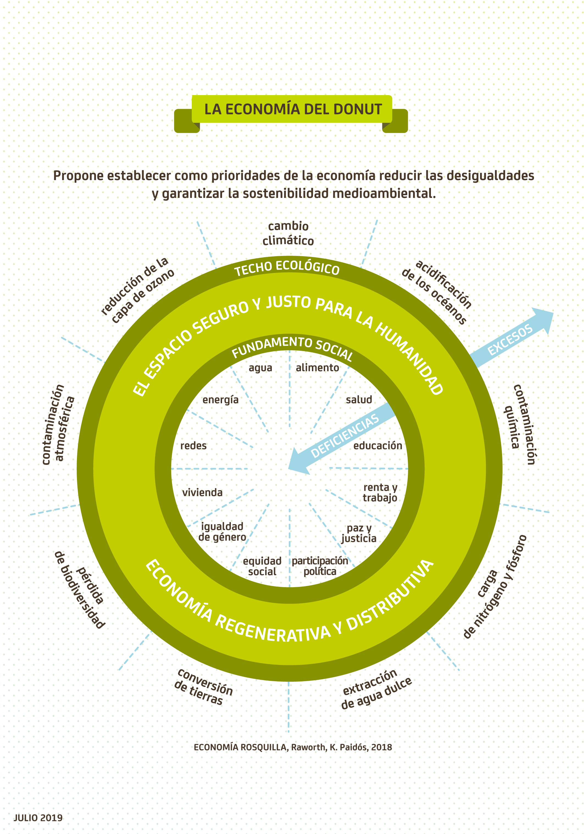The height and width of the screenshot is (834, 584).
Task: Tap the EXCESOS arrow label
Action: point(510,340)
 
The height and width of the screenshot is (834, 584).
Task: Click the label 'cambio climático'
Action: point(288,233)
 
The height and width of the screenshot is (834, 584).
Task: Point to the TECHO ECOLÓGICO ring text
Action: point(287,268)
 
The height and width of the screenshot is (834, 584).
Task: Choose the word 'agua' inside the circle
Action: point(260,368)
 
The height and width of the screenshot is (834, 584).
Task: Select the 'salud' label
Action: point(359,400)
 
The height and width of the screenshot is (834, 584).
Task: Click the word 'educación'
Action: point(377,446)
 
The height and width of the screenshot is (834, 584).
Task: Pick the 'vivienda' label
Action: point(202,493)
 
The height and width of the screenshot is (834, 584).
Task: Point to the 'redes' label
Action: point(193,446)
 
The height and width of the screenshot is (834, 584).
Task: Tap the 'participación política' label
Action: point(320,566)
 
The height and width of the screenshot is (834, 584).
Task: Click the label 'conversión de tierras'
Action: point(203,687)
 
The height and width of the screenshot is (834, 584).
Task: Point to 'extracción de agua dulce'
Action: point(376,689)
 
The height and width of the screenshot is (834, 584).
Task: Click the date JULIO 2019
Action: point(38,818)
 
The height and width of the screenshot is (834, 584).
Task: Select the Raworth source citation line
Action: point(293,747)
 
